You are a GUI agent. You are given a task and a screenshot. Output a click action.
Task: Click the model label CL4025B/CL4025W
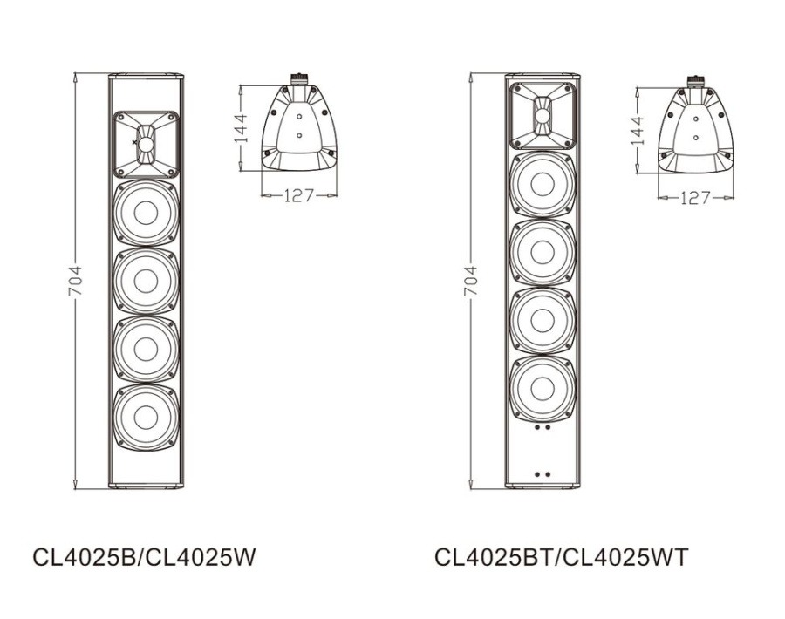[x=145, y=556]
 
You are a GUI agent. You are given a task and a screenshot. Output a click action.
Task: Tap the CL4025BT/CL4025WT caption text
[x=561, y=556]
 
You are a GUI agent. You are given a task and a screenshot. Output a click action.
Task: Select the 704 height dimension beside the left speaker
[x=75, y=280]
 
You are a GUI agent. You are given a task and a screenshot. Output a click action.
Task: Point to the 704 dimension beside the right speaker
[x=471, y=280]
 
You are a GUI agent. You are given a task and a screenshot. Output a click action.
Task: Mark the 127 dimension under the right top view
[x=694, y=198]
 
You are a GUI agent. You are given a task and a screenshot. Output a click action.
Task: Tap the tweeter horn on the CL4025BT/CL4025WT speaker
[x=542, y=113]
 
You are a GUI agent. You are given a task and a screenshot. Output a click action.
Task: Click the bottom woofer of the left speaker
[x=146, y=416]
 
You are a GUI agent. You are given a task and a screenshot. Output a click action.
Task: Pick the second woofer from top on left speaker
[x=146, y=281]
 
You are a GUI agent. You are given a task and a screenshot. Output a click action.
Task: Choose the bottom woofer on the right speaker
[x=542, y=388]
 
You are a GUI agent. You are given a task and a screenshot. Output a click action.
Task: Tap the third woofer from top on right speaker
[x=542, y=320]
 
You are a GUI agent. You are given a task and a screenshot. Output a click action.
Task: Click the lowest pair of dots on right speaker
[x=542, y=474]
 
